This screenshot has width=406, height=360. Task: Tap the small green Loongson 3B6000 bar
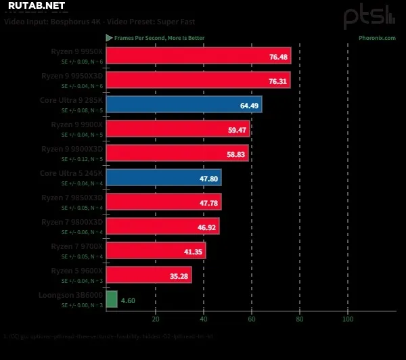coord(112,299)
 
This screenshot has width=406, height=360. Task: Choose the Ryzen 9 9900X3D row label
coord(72,149)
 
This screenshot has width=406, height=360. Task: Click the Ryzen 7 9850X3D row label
coord(72,198)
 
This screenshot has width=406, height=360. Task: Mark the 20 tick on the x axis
coord(156,319)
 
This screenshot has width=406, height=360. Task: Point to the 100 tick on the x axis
coord(348,319)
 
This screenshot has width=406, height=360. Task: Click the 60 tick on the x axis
coord(252,319)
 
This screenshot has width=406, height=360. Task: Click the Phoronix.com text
coord(377,38)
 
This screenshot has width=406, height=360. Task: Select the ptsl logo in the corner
coord(368,16)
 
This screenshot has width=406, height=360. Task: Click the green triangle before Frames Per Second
coord(109,38)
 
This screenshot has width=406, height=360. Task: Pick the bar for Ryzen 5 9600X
coord(149,275)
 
